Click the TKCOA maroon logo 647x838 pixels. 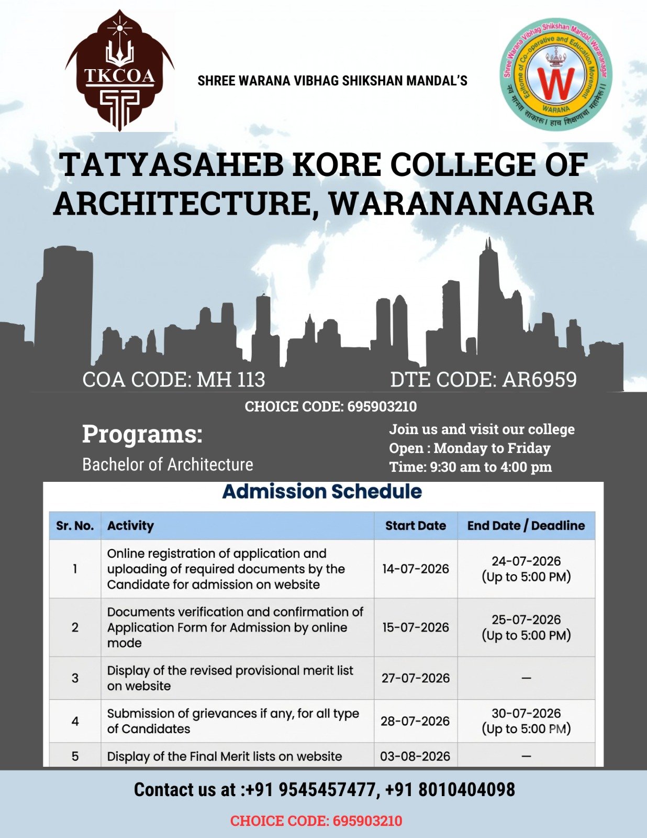point(120,70)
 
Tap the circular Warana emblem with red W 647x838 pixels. point(556,74)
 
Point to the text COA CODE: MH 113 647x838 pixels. point(174,380)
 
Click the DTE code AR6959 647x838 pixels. point(540,380)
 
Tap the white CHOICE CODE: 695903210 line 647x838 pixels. point(331,406)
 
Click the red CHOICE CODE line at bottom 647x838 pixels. point(316,821)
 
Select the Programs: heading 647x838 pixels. point(142,435)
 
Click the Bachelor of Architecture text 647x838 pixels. point(168,465)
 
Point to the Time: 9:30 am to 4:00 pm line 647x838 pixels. point(470,467)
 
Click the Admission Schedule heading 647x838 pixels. point(322,491)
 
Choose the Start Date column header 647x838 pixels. point(416,525)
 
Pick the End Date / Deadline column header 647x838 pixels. point(526,525)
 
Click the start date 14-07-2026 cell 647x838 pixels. point(416,569)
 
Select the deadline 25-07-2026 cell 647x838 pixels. point(526,620)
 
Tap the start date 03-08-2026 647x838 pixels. point(415,756)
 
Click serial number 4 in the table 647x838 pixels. point(75,721)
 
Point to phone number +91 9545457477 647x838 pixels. point(310,789)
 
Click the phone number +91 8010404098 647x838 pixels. point(450,789)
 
